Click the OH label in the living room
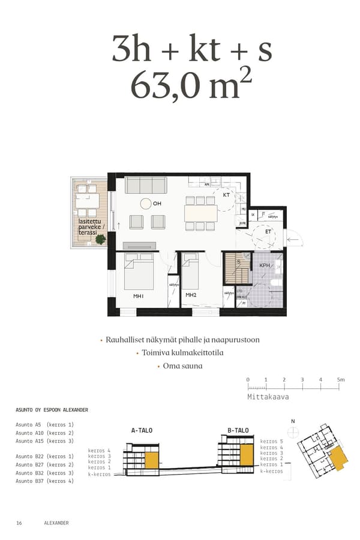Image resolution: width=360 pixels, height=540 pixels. pyautogui.click(x=157, y=204)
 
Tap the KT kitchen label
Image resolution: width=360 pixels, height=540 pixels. pyautogui.click(x=226, y=195)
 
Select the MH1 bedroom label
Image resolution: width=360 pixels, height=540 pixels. pyautogui.click(x=139, y=295)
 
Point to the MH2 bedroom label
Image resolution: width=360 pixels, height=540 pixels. pyautogui.click(x=191, y=295)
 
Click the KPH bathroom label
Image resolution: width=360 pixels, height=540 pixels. pyautogui.click(x=265, y=265)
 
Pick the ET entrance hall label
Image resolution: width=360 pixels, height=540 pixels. pyautogui.click(x=268, y=231)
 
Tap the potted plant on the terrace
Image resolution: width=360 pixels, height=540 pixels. pyautogui.click(x=100, y=239)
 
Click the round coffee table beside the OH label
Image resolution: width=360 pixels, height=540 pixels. pyautogui.click(x=146, y=203)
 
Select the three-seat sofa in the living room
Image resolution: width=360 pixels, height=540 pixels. pyautogui.click(x=149, y=185)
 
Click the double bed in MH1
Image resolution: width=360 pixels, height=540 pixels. pyautogui.click(x=139, y=272)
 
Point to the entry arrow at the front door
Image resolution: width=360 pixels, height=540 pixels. pyautogui.click(x=295, y=239)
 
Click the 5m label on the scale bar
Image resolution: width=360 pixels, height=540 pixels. pyautogui.click(x=340, y=380)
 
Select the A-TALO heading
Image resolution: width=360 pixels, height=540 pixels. pyautogui.click(x=142, y=430)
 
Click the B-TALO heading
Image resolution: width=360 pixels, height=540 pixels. pyautogui.click(x=238, y=430)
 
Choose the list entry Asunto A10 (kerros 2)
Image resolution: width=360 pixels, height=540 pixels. pyautogui.click(x=44, y=433)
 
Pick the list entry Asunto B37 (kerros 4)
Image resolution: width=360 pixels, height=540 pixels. pyautogui.click(x=44, y=481)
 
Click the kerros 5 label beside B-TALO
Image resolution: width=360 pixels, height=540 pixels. pyautogui.click(x=272, y=441)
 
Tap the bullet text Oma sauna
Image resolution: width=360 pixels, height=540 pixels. pyautogui.click(x=182, y=365)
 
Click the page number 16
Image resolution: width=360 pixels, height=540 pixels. pyautogui.click(x=19, y=523)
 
